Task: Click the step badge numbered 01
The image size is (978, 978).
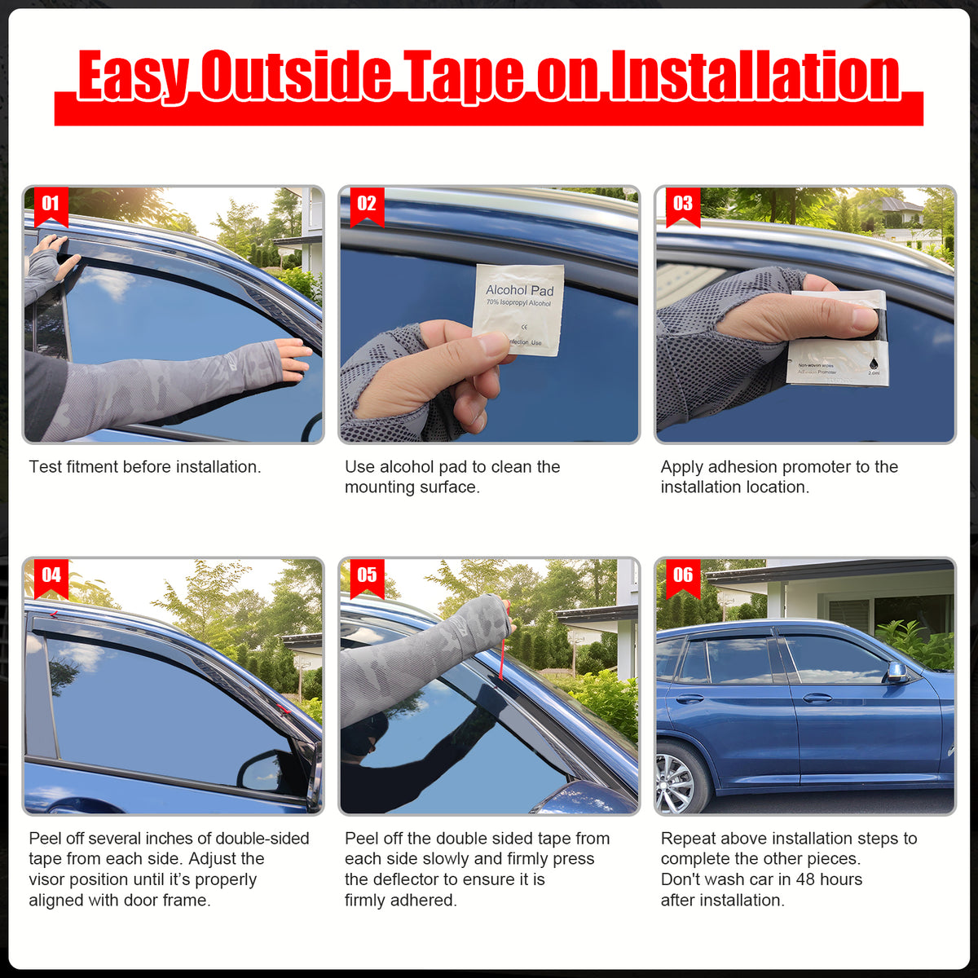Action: [x=51, y=205]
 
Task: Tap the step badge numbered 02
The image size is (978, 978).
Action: [x=367, y=205]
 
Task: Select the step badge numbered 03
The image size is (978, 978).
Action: [x=683, y=205]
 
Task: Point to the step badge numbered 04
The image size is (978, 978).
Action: [x=51, y=576]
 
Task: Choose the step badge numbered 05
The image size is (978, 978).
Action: [x=367, y=576]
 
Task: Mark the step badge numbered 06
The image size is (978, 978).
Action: [x=683, y=576]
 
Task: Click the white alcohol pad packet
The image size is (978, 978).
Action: [x=519, y=309]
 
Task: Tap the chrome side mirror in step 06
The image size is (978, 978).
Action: [x=896, y=672]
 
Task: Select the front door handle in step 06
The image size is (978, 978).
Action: [x=817, y=698]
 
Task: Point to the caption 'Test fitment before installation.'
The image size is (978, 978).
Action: [x=145, y=467]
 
